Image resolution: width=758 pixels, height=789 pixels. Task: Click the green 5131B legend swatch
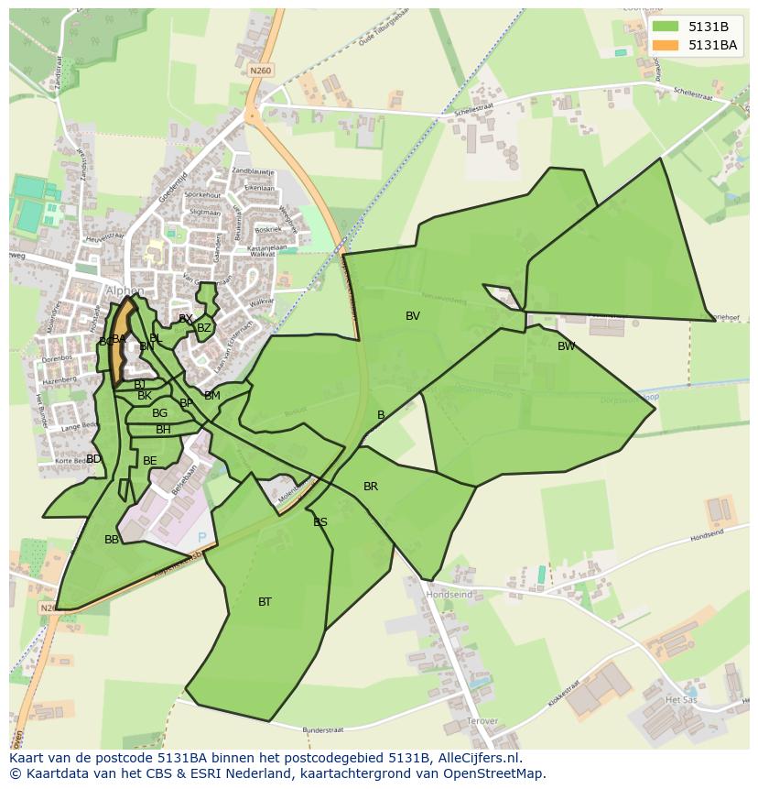pos(665,27)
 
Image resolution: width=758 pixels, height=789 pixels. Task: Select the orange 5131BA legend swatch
pos(665,45)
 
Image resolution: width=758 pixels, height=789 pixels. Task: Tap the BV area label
pos(413,316)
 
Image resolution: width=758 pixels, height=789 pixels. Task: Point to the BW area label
pos(567,346)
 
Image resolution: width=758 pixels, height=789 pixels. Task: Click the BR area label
pos(371,487)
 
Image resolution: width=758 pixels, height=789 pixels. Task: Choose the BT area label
pos(265,602)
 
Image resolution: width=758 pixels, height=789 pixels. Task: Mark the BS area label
pos(320,522)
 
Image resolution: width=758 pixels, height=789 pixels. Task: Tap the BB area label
pos(112,540)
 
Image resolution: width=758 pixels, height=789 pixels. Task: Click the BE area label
pos(150,461)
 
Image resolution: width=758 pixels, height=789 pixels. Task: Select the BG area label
pos(160,413)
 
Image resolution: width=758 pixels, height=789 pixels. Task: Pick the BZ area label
pos(204,328)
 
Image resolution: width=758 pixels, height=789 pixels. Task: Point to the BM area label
pos(212,396)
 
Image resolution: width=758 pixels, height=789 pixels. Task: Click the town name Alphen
pos(125,291)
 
